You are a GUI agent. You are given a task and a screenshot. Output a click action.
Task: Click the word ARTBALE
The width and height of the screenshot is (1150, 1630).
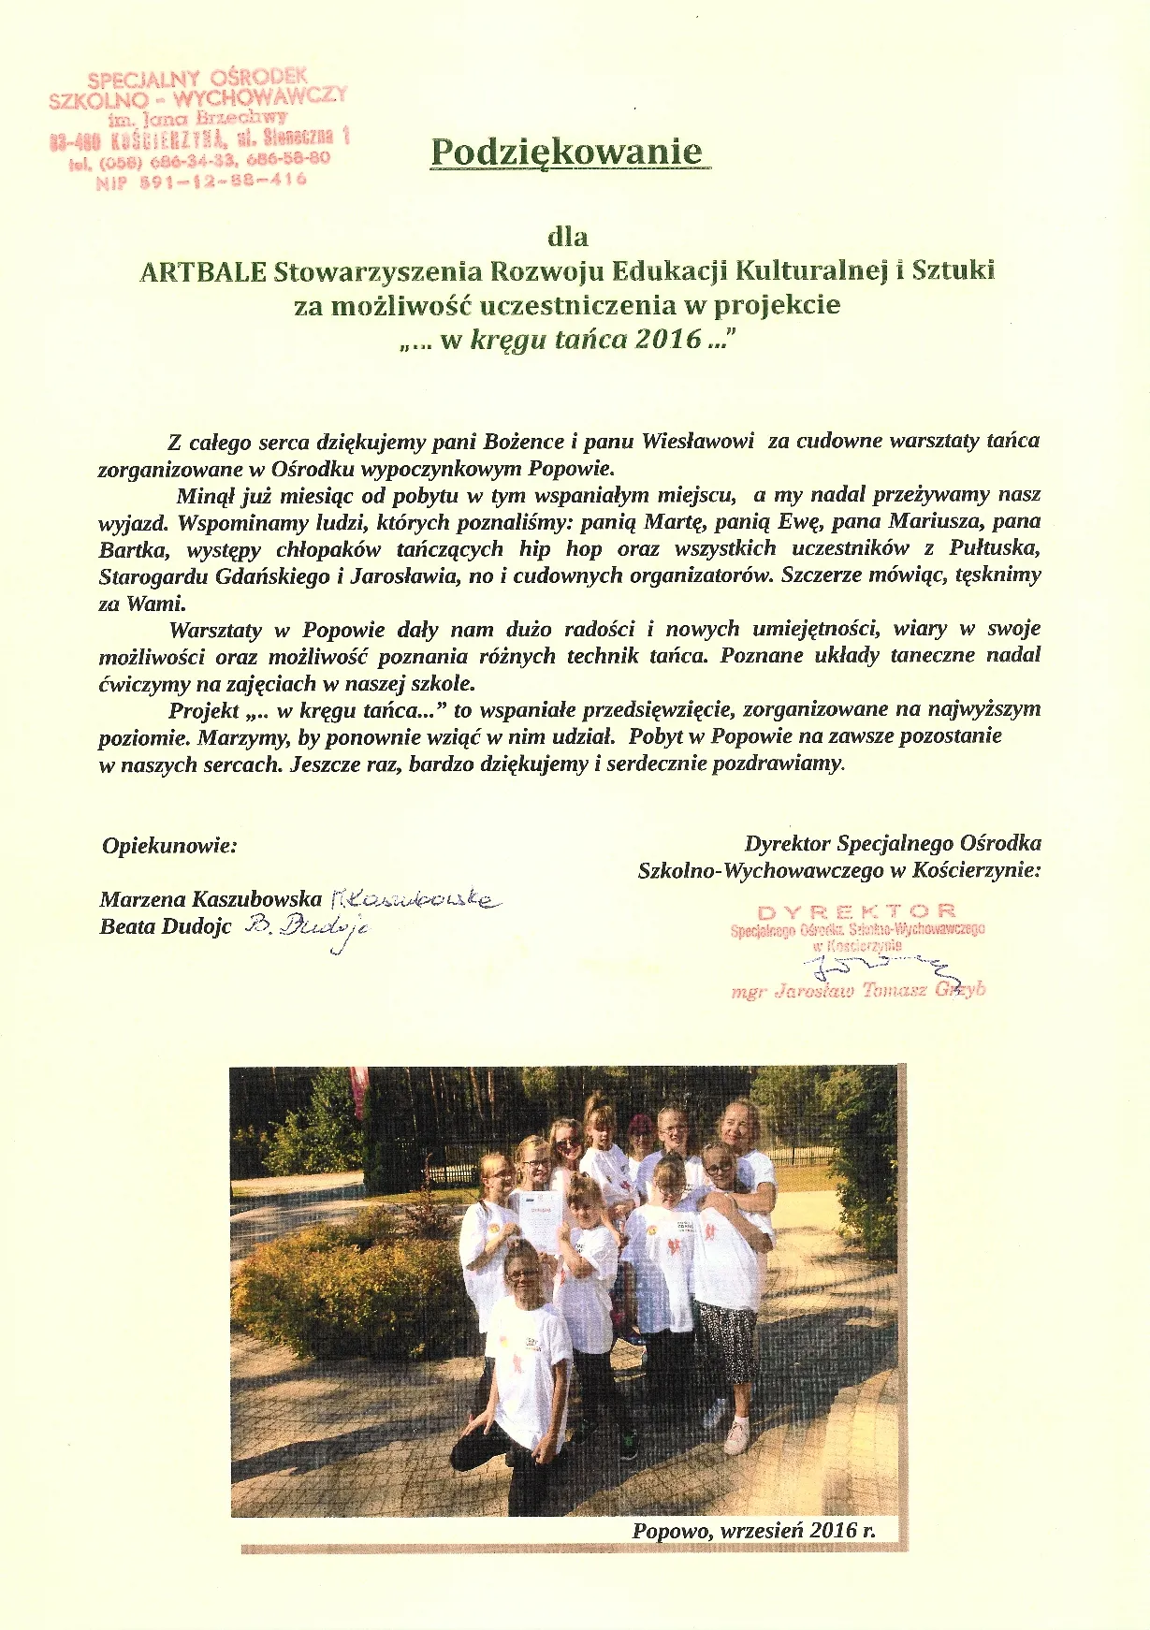201,271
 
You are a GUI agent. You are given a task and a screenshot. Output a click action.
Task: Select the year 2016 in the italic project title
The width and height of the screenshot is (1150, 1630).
667,339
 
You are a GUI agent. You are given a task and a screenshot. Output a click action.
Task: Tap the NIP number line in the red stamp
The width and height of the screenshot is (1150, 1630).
201,179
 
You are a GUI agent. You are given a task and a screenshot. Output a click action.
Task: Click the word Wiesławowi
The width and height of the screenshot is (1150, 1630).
697,442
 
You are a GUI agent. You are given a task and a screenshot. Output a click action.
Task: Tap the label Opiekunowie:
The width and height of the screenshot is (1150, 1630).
169,846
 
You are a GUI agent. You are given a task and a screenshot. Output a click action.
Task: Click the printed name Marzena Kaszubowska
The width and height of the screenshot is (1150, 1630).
211,899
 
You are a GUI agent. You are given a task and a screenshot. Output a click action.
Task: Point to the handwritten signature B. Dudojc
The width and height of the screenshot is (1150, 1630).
308,928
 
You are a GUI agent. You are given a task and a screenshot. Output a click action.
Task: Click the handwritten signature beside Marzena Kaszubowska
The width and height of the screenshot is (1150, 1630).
415,899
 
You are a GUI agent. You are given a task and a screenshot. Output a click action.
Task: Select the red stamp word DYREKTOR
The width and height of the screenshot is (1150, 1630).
856,911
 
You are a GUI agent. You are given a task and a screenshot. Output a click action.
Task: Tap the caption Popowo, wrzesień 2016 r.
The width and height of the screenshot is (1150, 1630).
754,1531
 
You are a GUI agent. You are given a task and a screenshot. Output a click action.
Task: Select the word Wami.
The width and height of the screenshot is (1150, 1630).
154,604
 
